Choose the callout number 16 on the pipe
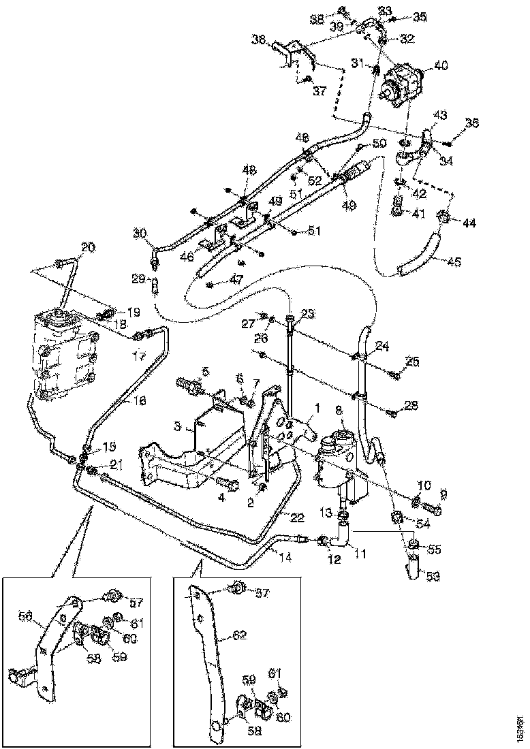pyautogui.click(x=139, y=402)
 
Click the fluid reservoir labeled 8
pyautogui.click(x=336, y=460)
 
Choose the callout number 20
pyautogui.click(x=89, y=246)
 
